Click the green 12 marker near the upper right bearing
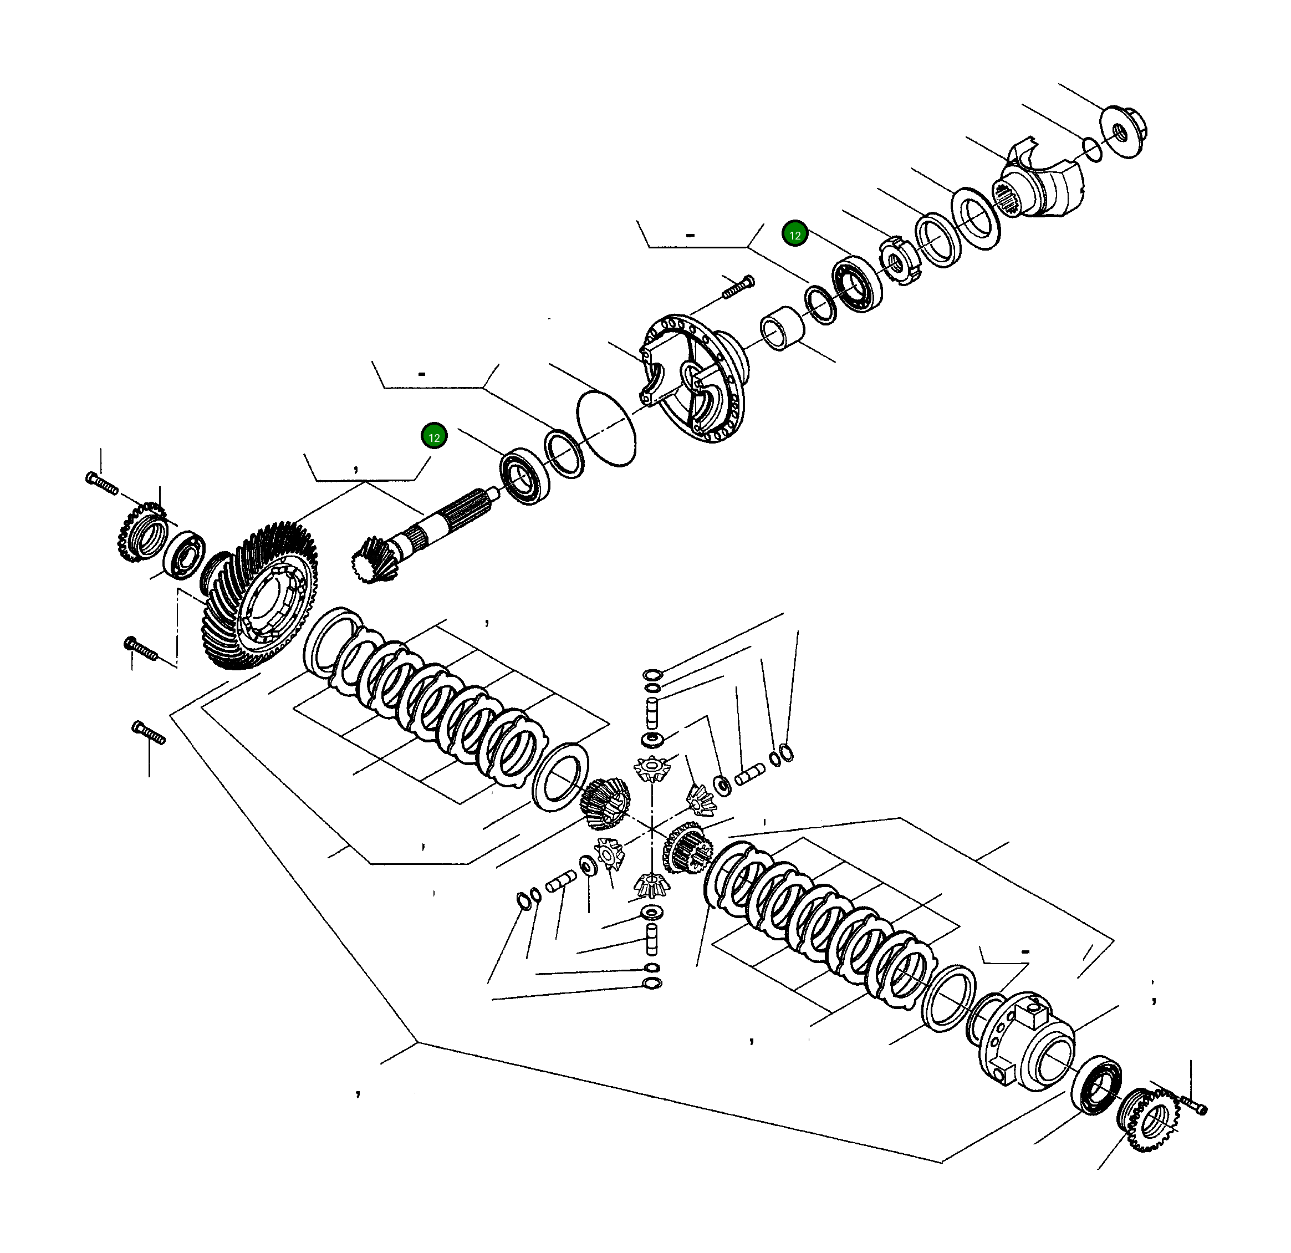pyautogui.click(x=794, y=235)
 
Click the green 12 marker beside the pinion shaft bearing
pyautogui.click(x=433, y=437)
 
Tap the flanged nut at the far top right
pyautogui.click(x=1123, y=132)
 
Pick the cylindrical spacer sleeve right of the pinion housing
pyautogui.click(x=783, y=328)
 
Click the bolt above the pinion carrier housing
pyautogui.click(x=738, y=288)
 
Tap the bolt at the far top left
pyautogui.click(x=102, y=483)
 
